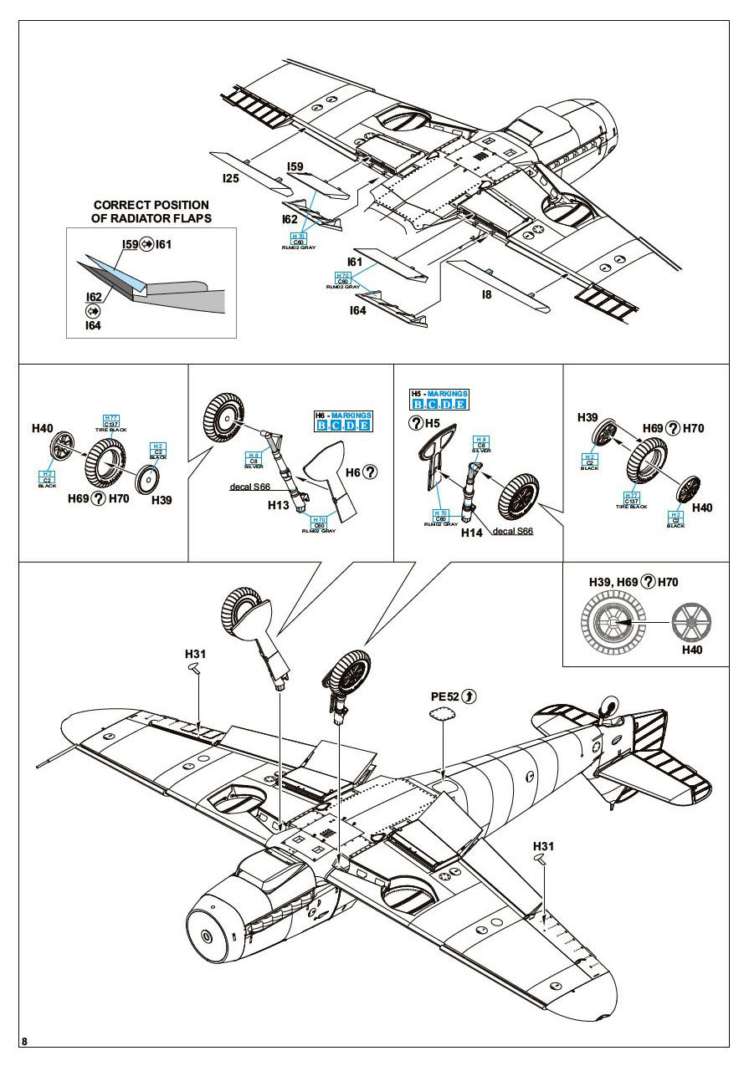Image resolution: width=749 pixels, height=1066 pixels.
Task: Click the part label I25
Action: pyautogui.click(x=231, y=178)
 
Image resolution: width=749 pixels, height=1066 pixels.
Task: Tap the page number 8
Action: pyautogui.click(x=25, y=1041)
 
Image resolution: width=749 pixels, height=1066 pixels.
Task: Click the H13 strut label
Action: pyautogui.click(x=279, y=505)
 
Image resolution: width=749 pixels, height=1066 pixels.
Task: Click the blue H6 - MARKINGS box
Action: pyautogui.click(x=343, y=421)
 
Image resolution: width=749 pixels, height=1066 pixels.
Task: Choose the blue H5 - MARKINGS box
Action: pyautogui.click(x=439, y=399)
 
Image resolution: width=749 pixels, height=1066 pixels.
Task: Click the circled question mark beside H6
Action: pyautogui.click(x=371, y=472)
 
